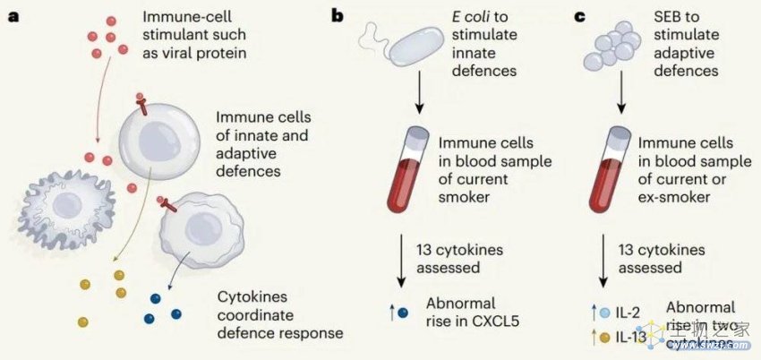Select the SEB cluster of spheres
coord(609,46)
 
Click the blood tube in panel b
coord(417,174)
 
